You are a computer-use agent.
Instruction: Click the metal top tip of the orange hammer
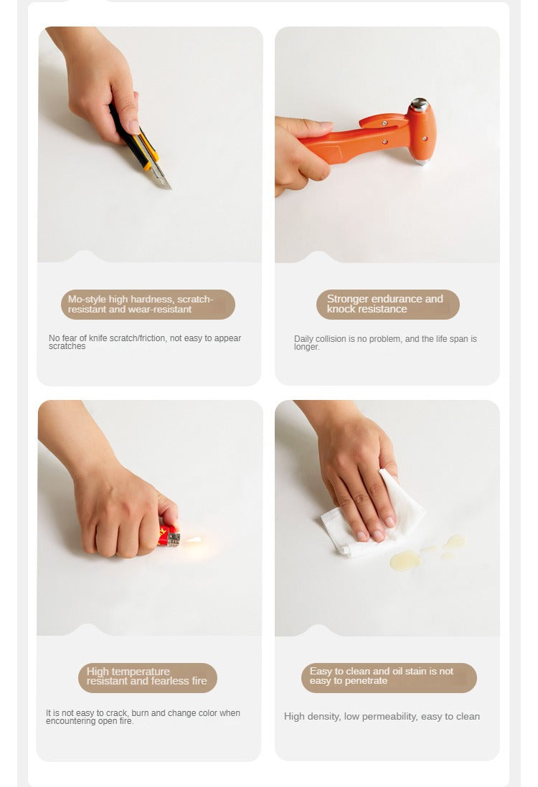click(419, 105)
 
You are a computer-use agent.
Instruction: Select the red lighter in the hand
click(169, 536)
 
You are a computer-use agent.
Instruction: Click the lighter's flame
click(193, 540)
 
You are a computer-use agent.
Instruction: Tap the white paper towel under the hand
click(374, 517)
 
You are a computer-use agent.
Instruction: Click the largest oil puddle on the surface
click(405, 560)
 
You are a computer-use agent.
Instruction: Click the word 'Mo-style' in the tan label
click(87, 299)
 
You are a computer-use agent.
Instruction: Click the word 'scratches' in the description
click(67, 346)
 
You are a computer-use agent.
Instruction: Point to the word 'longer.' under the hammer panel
click(307, 347)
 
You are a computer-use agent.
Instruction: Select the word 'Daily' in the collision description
click(303, 339)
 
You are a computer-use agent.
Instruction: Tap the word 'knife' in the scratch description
click(98, 338)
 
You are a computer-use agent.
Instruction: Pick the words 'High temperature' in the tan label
click(128, 672)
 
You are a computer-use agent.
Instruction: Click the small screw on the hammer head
click(425, 138)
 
